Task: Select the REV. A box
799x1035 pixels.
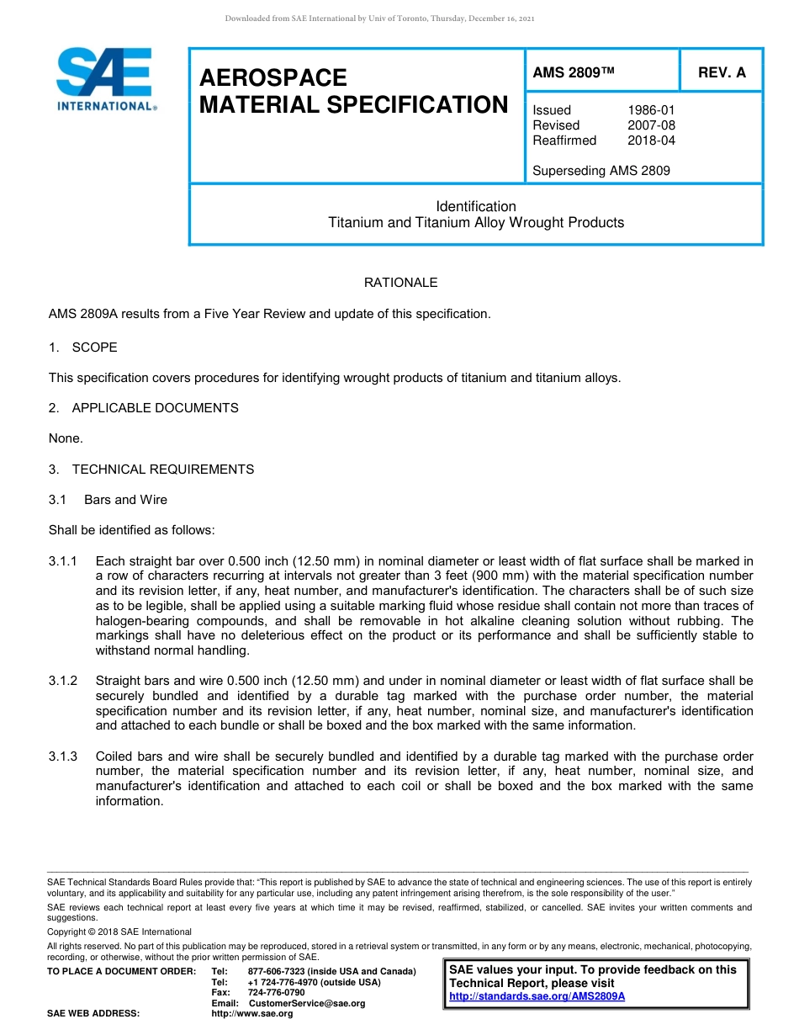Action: click(x=722, y=73)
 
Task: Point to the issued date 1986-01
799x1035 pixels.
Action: click(x=651, y=110)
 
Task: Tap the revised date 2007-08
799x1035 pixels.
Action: click(x=651, y=125)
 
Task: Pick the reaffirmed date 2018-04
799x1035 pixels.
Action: click(x=651, y=141)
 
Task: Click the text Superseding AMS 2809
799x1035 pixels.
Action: click(x=601, y=171)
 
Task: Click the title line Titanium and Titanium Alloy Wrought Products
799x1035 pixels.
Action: click(x=476, y=223)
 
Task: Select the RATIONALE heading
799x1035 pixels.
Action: click(x=400, y=283)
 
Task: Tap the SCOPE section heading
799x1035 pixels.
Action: click(x=94, y=348)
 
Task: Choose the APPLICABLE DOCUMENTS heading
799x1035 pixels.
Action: click(x=155, y=408)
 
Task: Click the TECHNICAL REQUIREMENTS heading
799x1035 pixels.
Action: click(x=162, y=470)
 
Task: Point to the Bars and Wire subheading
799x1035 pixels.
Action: click(x=125, y=500)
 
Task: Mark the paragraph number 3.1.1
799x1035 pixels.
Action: click(x=63, y=561)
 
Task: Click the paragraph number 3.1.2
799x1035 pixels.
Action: click(x=63, y=681)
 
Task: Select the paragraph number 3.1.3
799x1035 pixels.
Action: click(x=63, y=756)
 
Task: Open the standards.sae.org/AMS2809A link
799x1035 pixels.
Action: click(x=537, y=996)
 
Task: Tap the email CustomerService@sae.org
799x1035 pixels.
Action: click(x=307, y=1003)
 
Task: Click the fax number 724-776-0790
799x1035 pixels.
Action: click(x=276, y=993)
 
